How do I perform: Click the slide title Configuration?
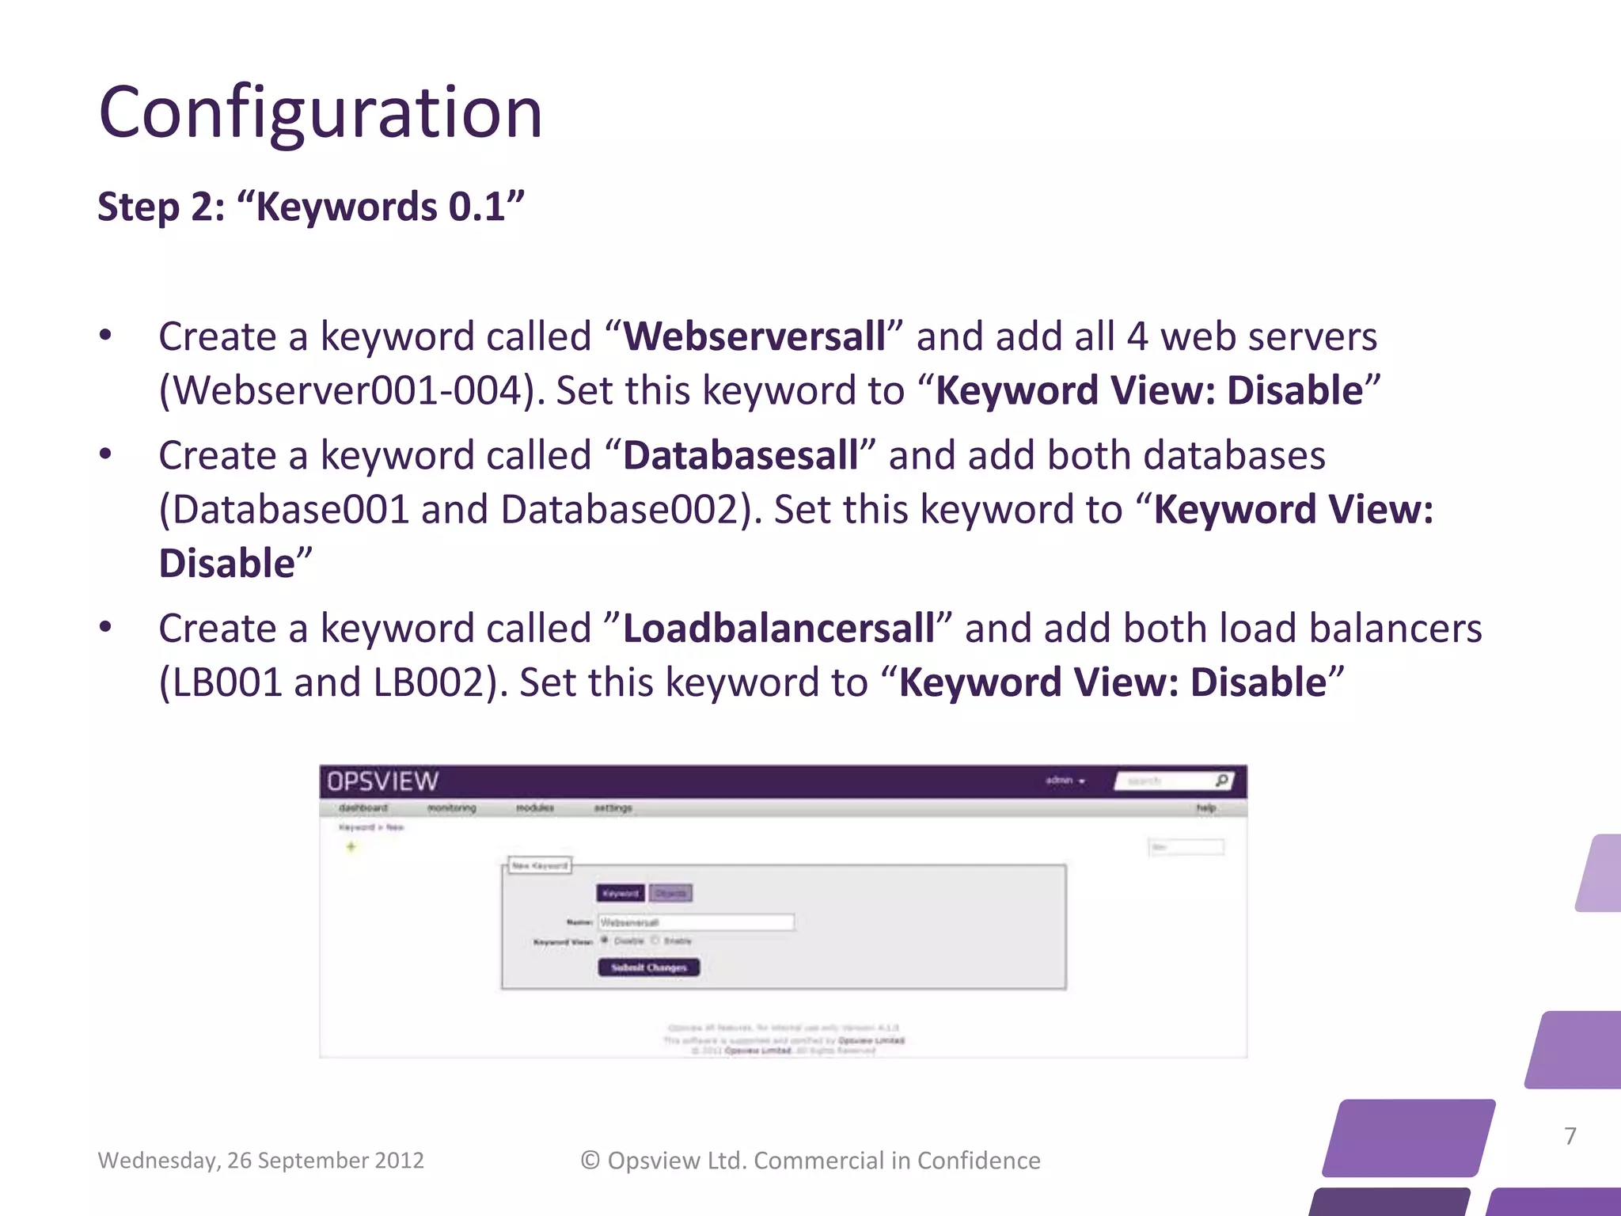coord(321,112)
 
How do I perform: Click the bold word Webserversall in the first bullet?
coord(754,336)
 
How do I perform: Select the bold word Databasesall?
coord(740,456)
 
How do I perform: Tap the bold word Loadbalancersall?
coord(779,629)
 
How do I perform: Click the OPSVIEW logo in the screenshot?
coord(383,781)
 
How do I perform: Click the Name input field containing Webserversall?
coord(696,922)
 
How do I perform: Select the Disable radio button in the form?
coord(605,940)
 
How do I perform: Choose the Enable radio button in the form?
coord(655,940)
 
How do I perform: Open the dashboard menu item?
coord(363,808)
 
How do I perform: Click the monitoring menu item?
coord(451,808)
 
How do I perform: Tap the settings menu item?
coord(613,808)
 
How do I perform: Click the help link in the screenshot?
coord(1205,808)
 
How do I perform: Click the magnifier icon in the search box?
coord(1221,781)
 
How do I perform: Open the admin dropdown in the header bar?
coord(1065,781)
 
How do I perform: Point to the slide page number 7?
coord(1570,1136)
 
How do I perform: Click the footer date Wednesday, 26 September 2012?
coord(260,1161)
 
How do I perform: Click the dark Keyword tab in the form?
coord(620,893)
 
